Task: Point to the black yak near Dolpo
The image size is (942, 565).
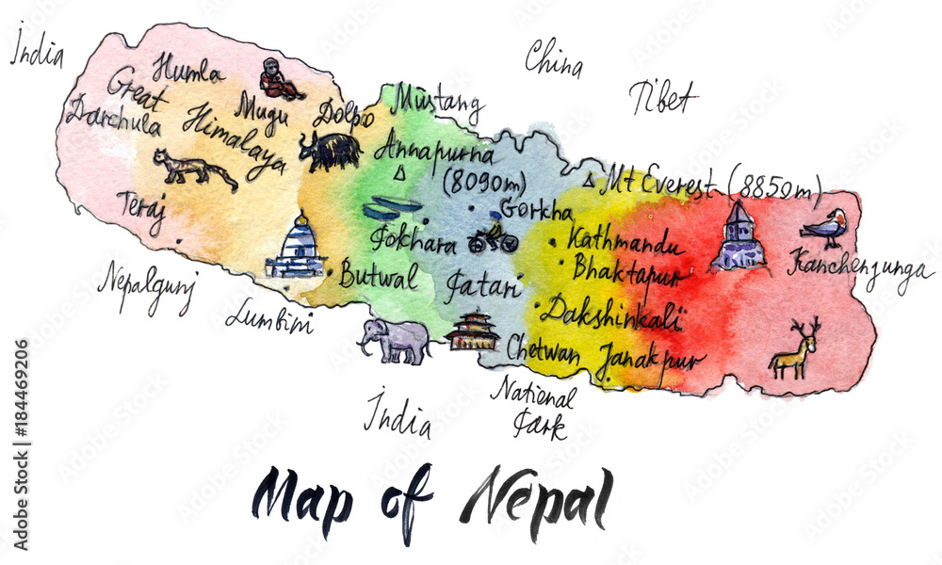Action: coord(331,151)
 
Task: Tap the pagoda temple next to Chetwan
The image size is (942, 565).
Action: coord(473,331)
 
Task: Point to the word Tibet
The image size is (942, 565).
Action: coord(663,98)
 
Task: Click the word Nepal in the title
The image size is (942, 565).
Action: coord(537,496)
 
